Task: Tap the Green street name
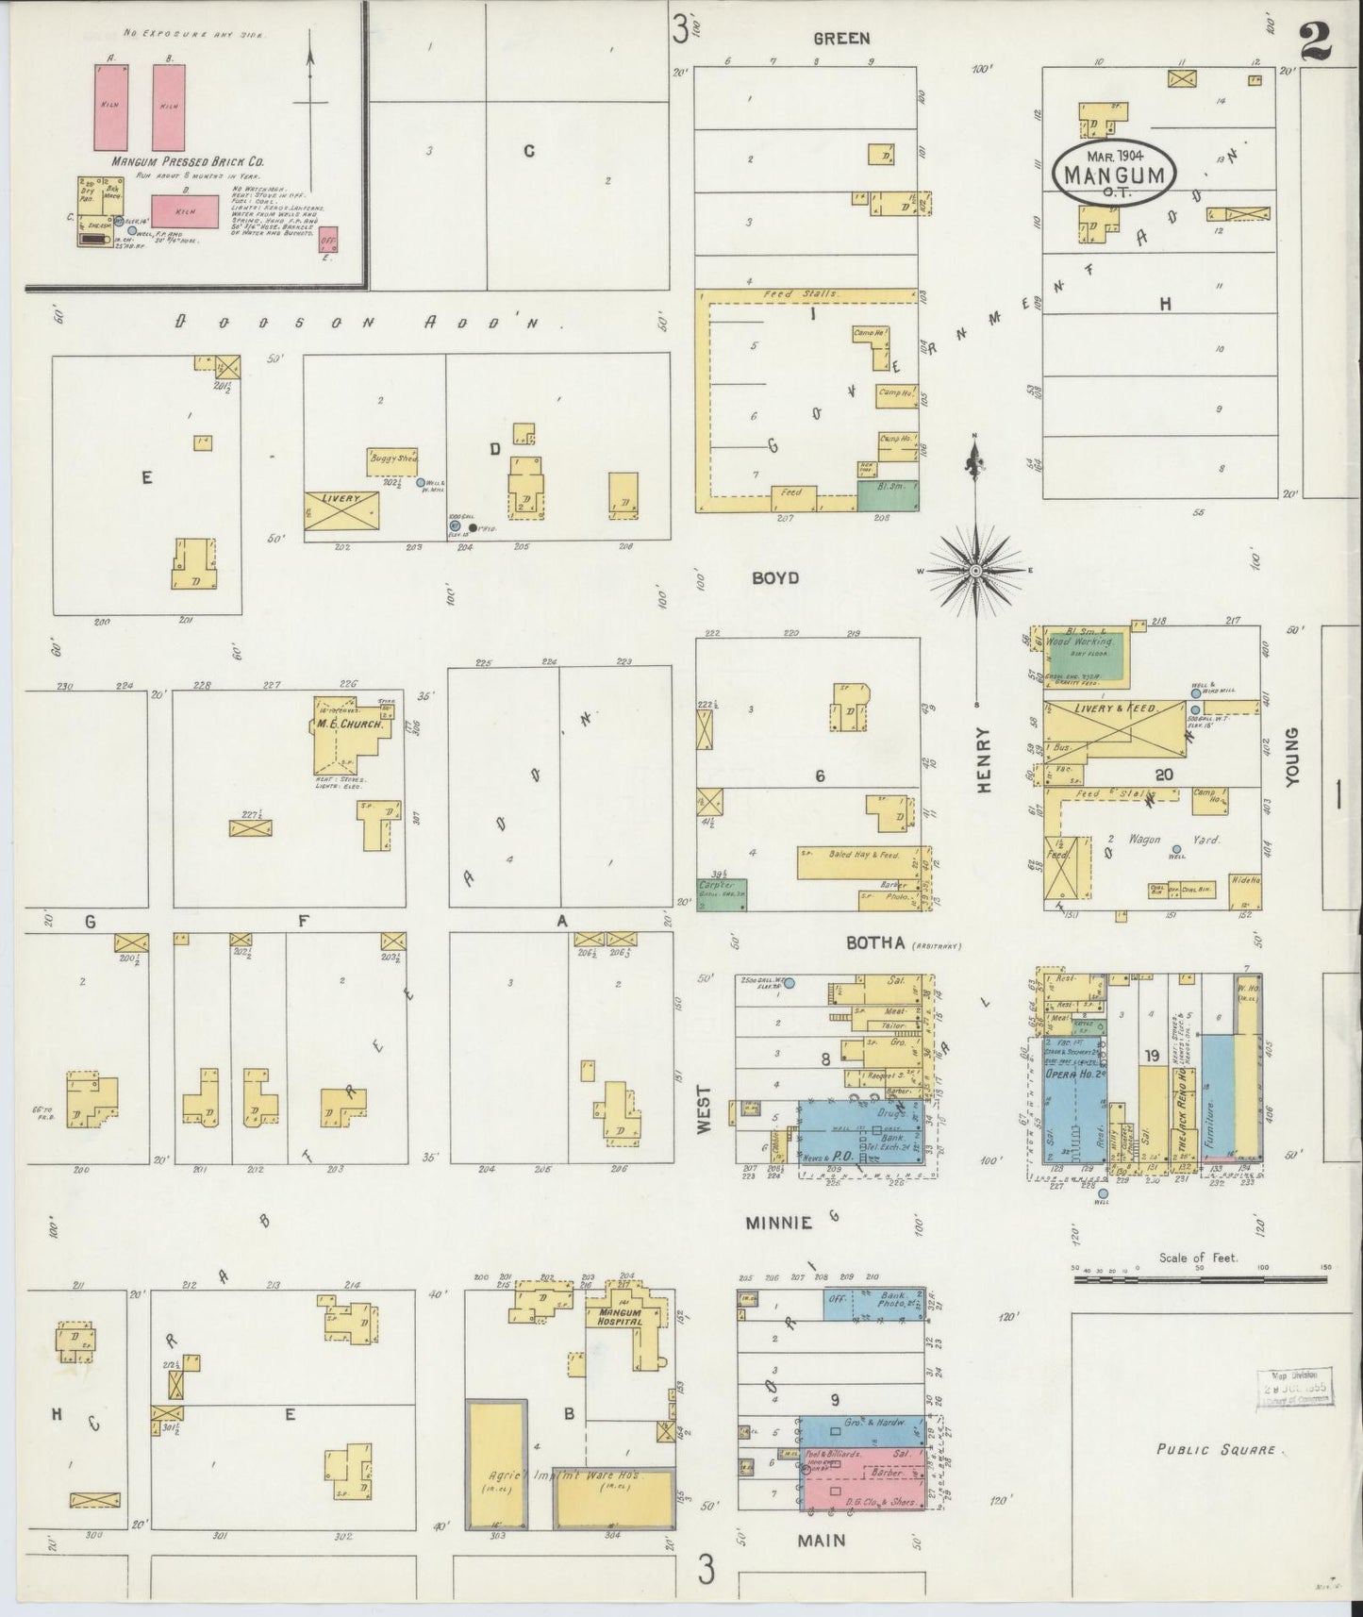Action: tap(841, 39)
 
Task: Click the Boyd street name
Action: tap(775, 577)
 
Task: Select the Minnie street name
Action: tap(779, 1223)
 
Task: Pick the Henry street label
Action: tap(984, 759)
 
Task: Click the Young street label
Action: tap(1292, 756)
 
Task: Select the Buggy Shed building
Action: tap(392, 461)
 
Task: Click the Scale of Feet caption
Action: tap(1198, 1258)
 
